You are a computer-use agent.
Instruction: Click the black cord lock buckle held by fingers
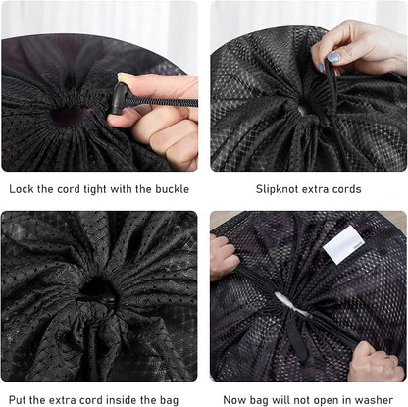coord(118,98)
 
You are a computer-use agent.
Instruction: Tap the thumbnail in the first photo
coord(124,78)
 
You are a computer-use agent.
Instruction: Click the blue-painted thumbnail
coord(333,58)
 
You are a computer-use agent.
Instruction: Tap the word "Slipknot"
coord(276,189)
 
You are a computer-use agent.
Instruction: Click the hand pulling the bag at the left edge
coord(223,257)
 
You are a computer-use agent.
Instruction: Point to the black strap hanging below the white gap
coord(297,336)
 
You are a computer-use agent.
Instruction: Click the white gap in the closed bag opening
coord(291,303)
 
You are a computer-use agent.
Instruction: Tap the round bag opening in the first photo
coord(71,116)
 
